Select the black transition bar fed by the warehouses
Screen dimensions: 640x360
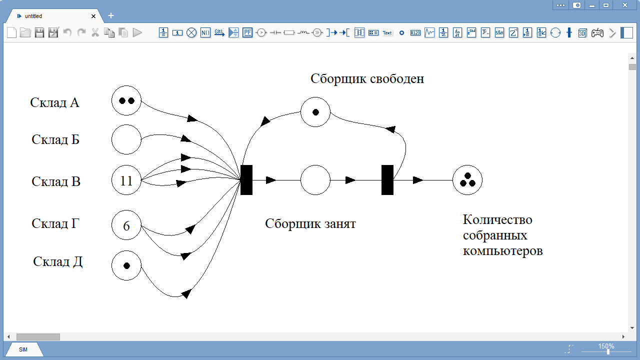tap(246, 180)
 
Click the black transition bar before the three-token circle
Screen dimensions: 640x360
tap(387, 180)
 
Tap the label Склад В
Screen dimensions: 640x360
tap(56, 181)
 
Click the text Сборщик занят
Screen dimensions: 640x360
tap(310, 223)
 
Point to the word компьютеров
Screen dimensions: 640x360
tap(502, 251)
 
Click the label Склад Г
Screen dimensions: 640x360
tap(55, 223)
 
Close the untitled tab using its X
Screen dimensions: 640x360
tap(93, 16)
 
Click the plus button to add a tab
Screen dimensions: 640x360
tap(111, 15)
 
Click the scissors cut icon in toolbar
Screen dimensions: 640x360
tap(95, 32)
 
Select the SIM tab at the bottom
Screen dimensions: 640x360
tap(23, 349)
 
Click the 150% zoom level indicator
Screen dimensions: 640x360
tap(606, 346)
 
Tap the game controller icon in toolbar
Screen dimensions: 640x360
tap(597, 32)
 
